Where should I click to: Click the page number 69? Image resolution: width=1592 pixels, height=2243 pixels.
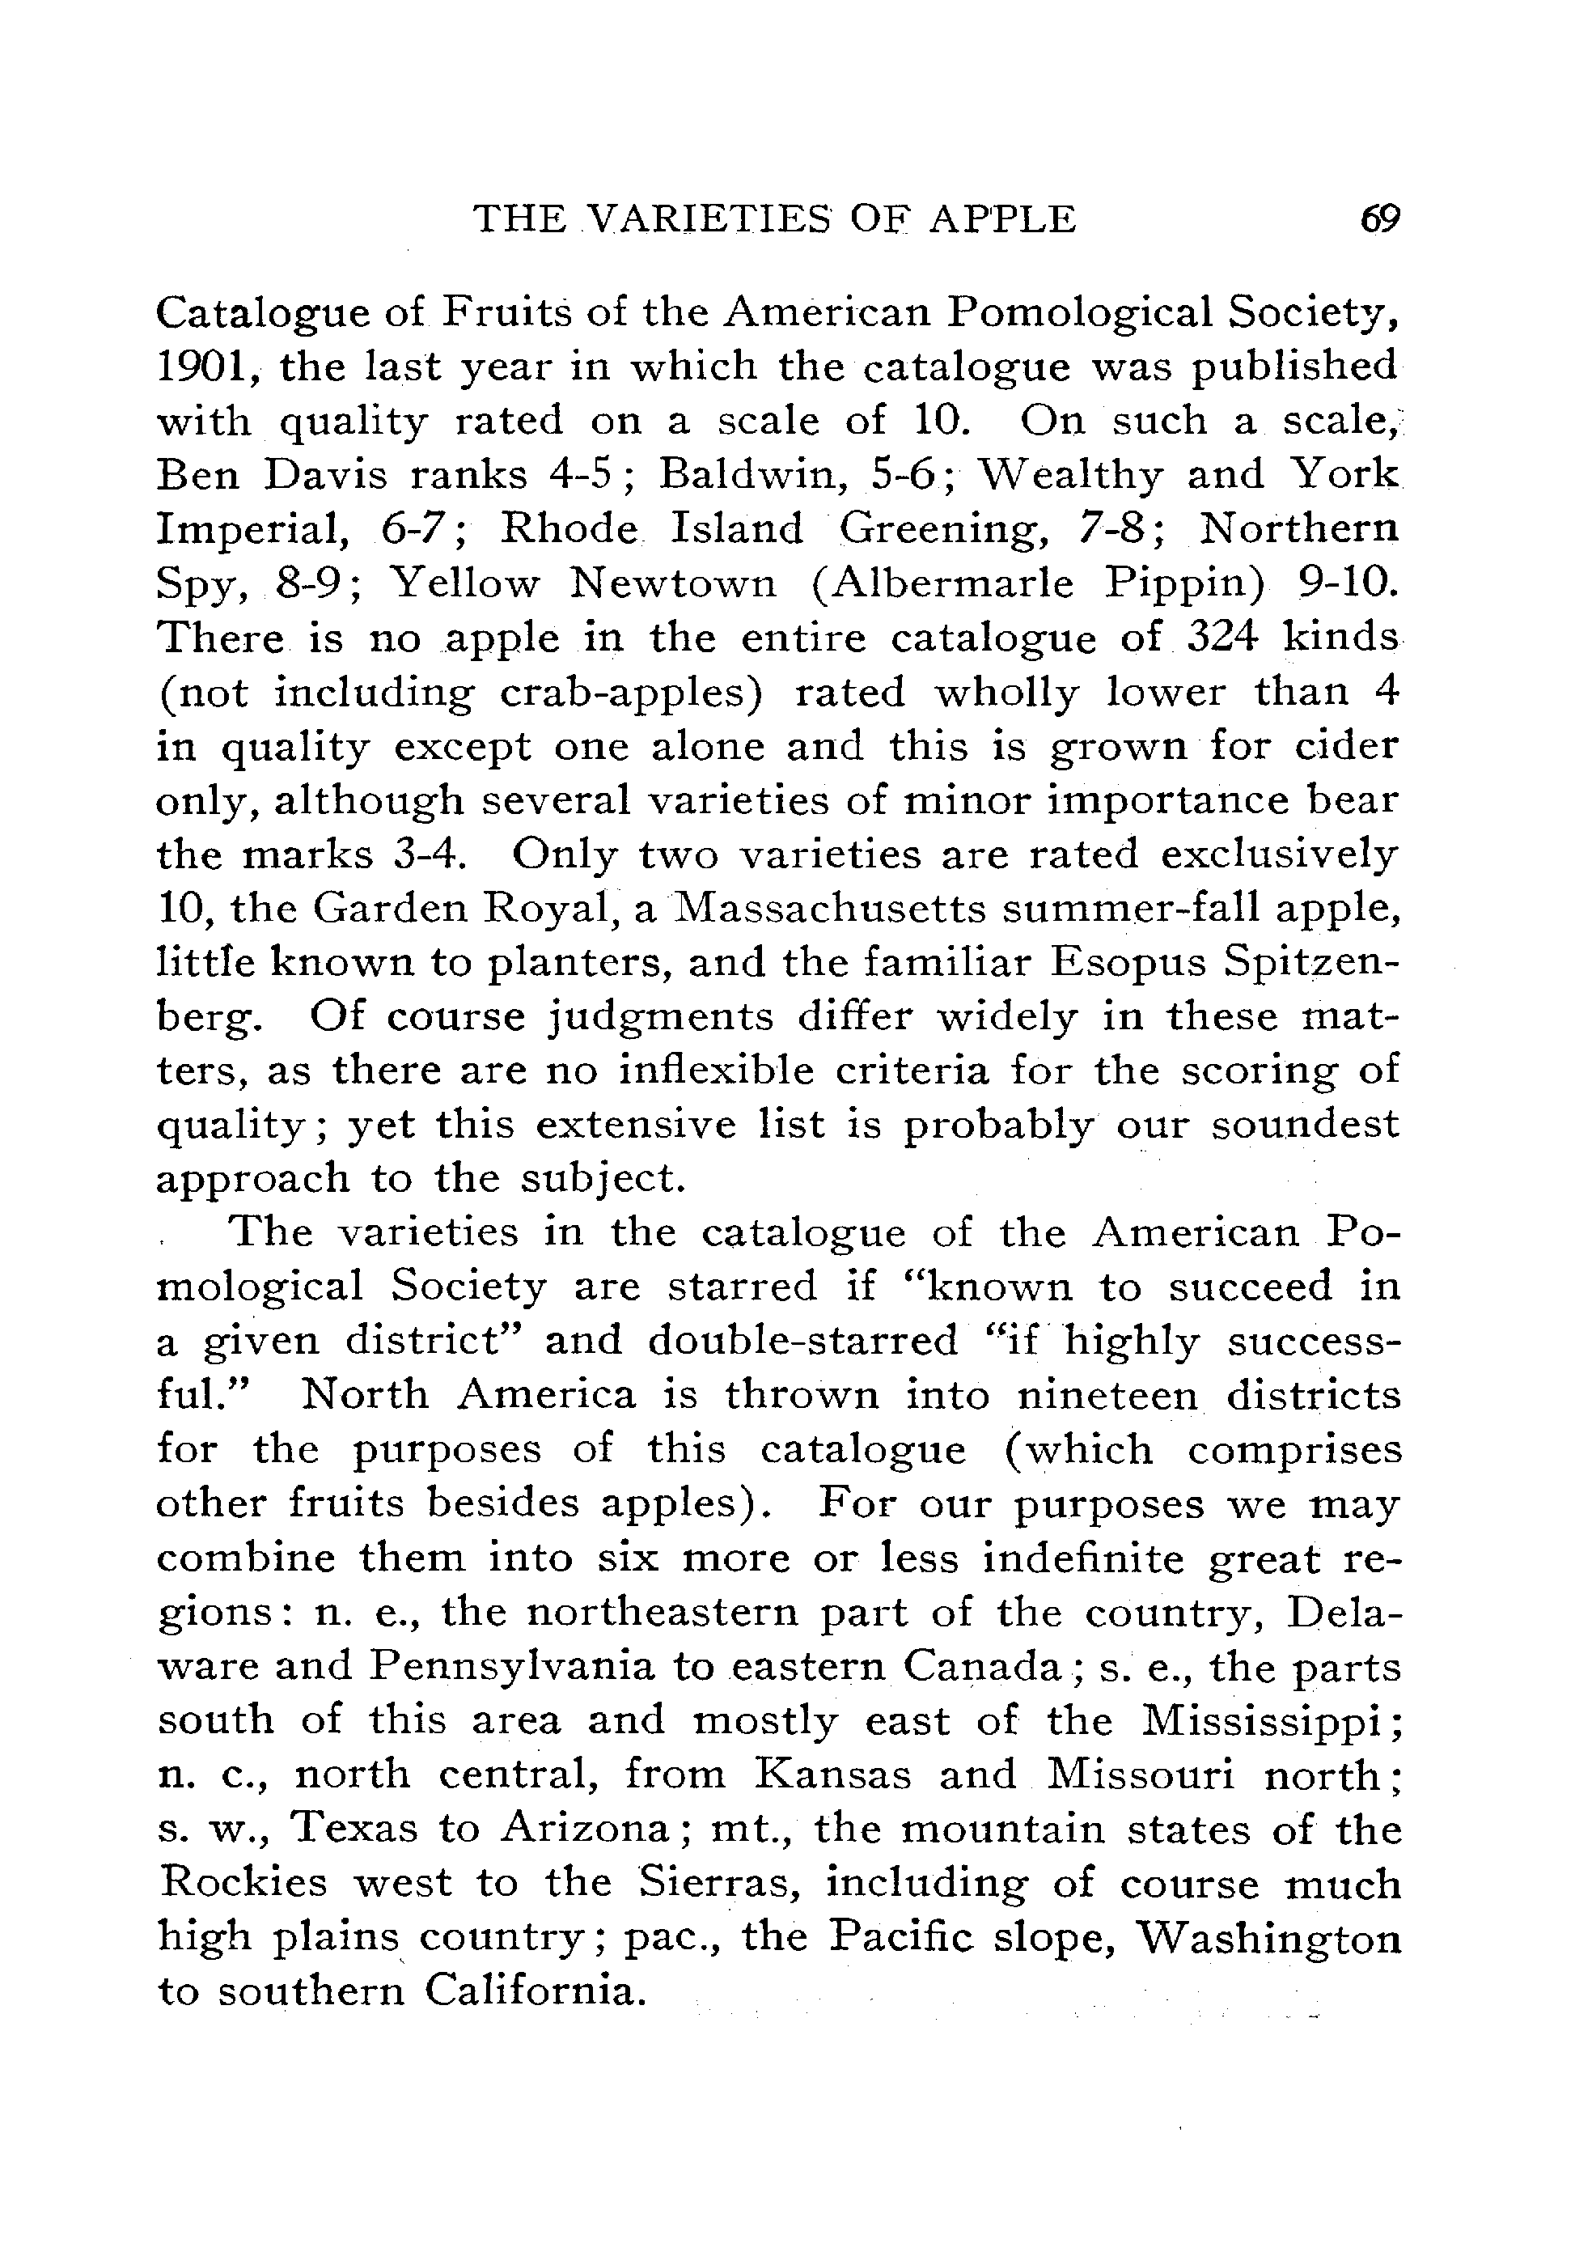[1380, 218]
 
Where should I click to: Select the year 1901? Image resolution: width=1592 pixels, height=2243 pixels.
[205, 367]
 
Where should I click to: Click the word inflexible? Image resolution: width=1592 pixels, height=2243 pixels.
[717, 1071]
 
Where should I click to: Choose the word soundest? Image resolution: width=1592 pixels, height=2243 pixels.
[1305, 1125]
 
